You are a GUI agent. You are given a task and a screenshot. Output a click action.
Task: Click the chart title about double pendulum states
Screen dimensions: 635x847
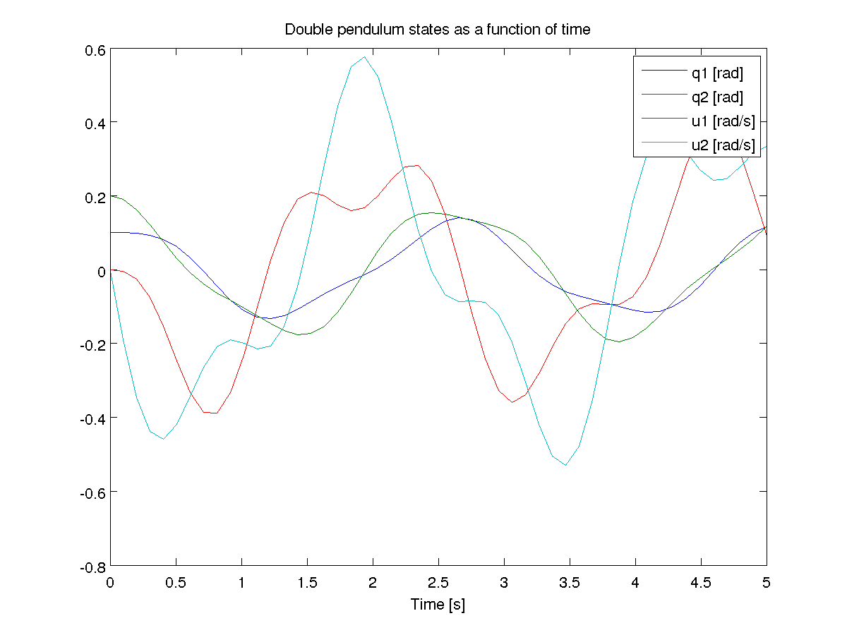point(437,30)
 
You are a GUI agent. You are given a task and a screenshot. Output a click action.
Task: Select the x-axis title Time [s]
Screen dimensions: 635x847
point(438,605)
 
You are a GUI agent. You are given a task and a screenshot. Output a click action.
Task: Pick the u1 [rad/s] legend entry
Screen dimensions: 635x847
point(723,121)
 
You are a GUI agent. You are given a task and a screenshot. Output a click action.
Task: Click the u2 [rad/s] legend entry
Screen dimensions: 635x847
point(723,146)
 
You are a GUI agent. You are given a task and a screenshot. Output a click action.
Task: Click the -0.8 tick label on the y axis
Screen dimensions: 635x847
point(94,566)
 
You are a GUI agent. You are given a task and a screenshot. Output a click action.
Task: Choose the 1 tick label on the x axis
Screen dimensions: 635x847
point(241,583)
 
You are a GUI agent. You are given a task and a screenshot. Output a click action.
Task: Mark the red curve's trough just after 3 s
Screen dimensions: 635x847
point(512,402)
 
